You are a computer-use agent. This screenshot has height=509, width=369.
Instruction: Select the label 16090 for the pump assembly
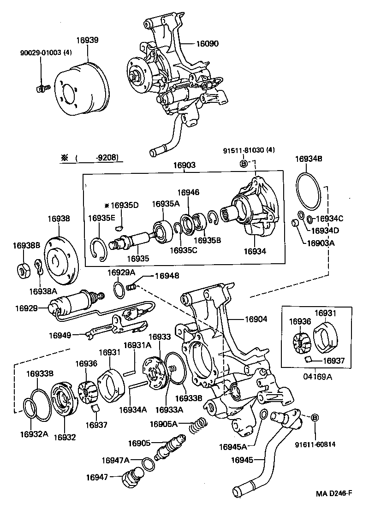(x=207, y=44)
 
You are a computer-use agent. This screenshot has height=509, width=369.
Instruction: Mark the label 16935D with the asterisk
(x=121, y=205)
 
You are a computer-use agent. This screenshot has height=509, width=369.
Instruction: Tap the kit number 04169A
(x=317, y=376)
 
